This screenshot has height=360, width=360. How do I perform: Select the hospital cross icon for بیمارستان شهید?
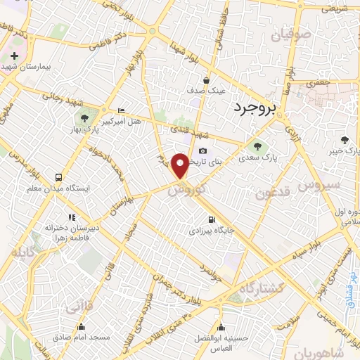tap(14, 55)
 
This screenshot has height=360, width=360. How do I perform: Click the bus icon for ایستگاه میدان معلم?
tap(58, 177)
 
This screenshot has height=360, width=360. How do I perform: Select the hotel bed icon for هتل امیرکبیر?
tap(121, 110)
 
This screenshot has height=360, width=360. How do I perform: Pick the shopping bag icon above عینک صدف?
tap(205, 80)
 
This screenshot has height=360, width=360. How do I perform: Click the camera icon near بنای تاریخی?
tap(203, 150)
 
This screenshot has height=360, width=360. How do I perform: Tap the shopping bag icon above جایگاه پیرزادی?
tap(207, 219)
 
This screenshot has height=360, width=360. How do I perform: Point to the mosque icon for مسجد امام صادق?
tap(82, 327)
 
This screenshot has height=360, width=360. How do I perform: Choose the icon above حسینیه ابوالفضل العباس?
tap(221, 327)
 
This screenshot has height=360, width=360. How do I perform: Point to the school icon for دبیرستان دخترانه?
tap(70, 217)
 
